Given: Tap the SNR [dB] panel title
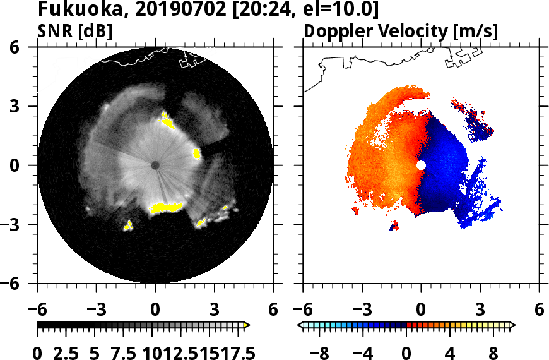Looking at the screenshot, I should coord(75,30).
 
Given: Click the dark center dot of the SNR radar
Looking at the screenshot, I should coord(155,165).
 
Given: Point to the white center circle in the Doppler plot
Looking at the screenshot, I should coord(421,165).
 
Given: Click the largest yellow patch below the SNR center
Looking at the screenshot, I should coord(165,207).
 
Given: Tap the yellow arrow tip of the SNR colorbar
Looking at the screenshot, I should coord(247,325).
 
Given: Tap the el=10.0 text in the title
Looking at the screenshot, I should coord(341,9).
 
